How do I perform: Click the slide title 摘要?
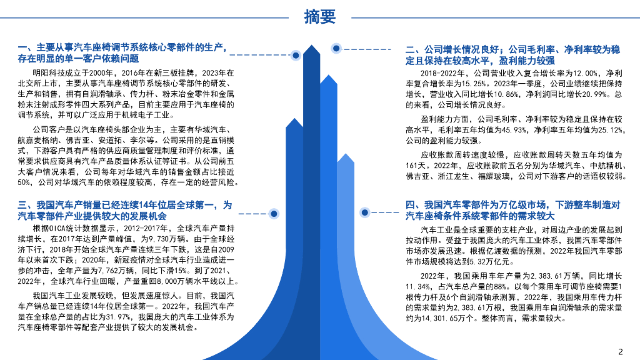[x=319, y=17]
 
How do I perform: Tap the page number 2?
[x=621, y=350]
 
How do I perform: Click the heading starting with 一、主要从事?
[x=122, y=52]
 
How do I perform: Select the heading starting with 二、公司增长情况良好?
[x=512, y=54]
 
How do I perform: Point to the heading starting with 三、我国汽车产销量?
[x=125, y=209]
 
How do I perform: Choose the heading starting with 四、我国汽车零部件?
[x=512, y=210]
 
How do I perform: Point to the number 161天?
[x=415, y=165]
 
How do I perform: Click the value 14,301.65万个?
[x=450, y=318]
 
